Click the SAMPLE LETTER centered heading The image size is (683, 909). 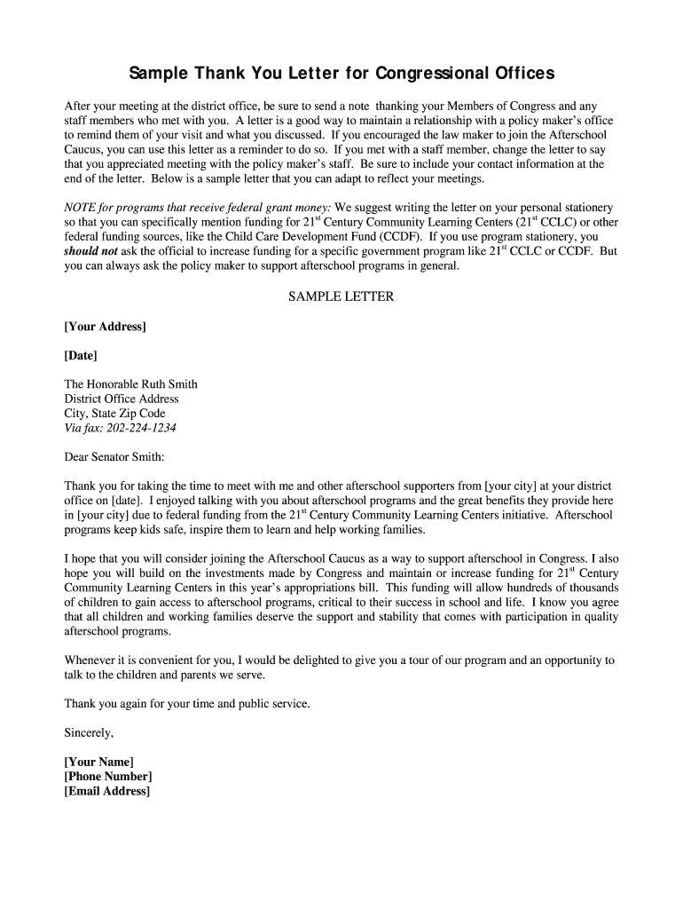[x=341, y=296]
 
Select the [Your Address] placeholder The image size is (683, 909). [x=105, y=327]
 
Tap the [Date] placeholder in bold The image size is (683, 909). [x=81, y=355]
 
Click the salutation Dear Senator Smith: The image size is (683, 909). [x=114, y=457]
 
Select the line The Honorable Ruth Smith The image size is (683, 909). [x=130, y=384]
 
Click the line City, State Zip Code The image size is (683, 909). [x=114, y=414]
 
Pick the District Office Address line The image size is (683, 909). [x=122, y=399]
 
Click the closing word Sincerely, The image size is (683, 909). [x=89, y=733]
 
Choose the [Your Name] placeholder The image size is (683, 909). [x=98, y=762]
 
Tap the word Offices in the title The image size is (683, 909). [x=523, y=72]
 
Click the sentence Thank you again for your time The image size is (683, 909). [x=187, y=704]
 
